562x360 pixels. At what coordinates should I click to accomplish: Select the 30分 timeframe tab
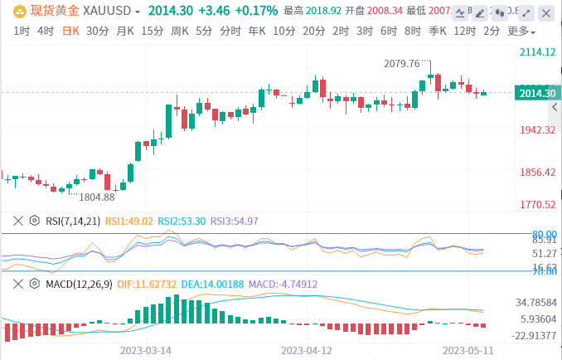point(97,32)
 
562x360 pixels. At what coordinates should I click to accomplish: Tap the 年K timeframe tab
point(257,32)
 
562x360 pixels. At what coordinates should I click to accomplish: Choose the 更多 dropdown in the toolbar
point(521,32)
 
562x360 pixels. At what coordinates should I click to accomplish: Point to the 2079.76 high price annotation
point(408,63)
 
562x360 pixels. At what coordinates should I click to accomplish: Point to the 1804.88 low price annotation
point(96,197)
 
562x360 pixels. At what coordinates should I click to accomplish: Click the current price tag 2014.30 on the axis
point(536,93)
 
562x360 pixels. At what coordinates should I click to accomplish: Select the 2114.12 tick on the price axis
point(536,51)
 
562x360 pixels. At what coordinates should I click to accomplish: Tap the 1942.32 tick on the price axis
point(536,130)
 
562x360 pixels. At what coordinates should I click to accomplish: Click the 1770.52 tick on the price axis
point(536,204)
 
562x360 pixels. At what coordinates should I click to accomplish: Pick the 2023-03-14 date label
point(146,350)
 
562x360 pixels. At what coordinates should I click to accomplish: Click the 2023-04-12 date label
point(308,350)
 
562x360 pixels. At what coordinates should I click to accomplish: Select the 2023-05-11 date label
point(469,350)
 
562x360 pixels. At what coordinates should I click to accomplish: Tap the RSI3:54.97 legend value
point(235,221)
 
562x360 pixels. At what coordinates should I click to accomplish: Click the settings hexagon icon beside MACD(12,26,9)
point(34,284)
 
